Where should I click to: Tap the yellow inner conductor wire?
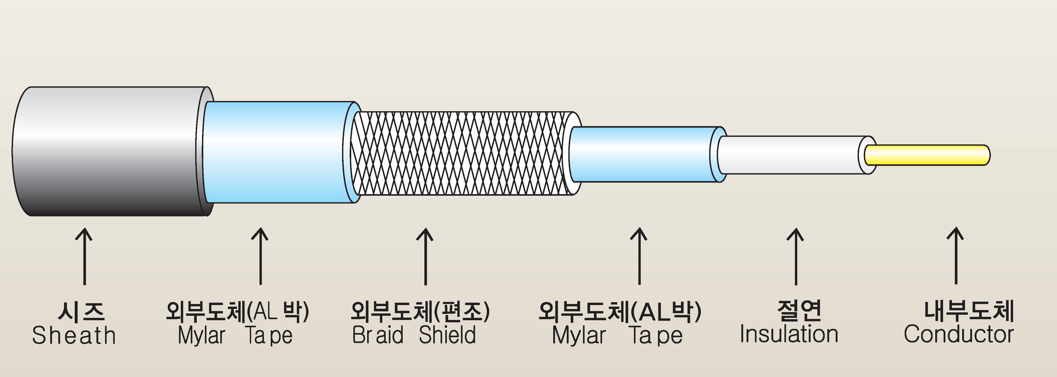tap(927, 155)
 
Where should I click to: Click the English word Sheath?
tap(74, 335)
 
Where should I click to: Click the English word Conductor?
tap(958, 334)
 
